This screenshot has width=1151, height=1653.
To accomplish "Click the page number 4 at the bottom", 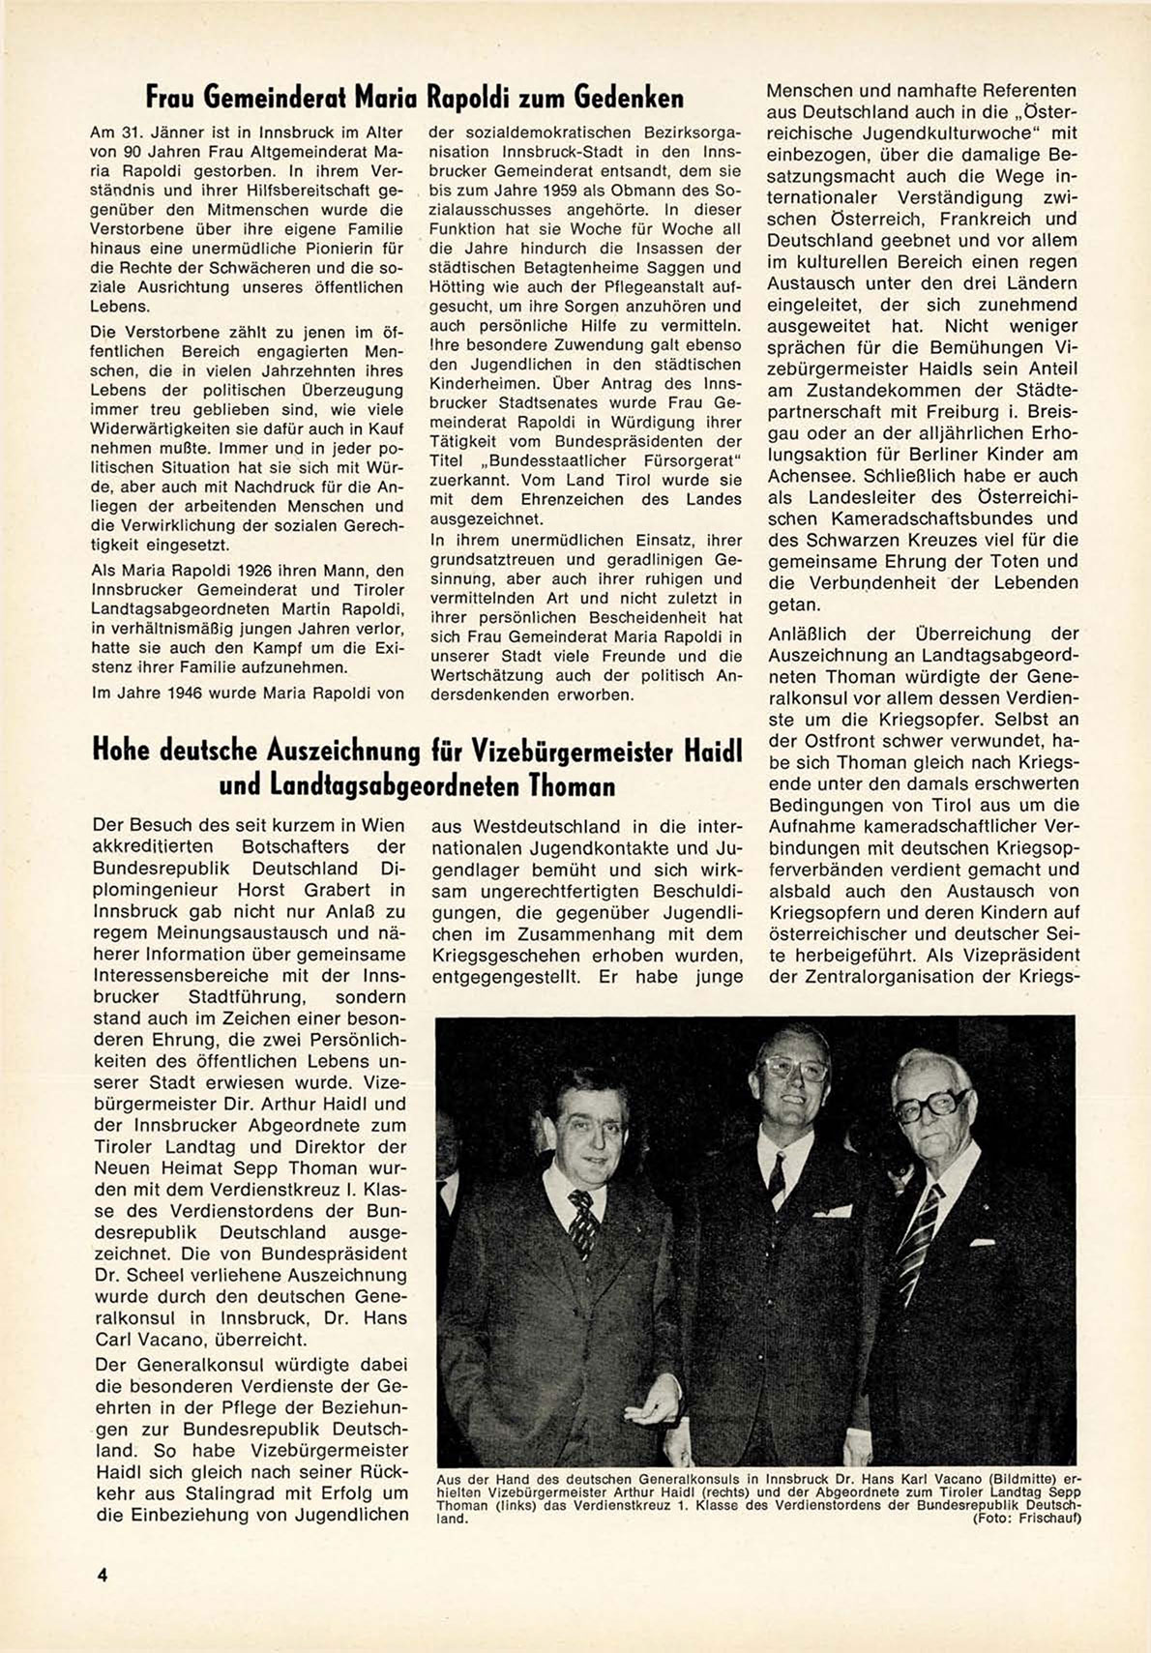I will click(101, 1573).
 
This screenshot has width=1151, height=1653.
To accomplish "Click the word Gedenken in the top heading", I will click(629, 98).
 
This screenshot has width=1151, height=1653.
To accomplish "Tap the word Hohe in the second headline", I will click(125, 751).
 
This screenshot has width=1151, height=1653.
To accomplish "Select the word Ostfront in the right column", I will click(824, 740).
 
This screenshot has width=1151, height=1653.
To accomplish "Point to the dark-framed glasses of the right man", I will click(932, 1107).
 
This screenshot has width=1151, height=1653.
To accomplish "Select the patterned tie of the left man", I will click(583, 1224).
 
